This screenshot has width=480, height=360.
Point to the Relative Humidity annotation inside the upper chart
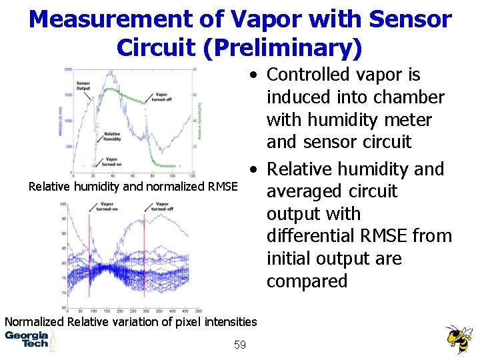click(x=112, y=136)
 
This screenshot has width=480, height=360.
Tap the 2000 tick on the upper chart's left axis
click(x=68, y=69)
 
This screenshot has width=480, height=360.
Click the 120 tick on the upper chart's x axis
click(x=192, y=175)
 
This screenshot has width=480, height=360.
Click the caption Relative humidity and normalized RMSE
click(x=133, y=187)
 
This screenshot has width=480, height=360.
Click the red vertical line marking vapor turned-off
click(x=145, y=253)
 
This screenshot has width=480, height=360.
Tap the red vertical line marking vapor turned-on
click(x=89, y=253)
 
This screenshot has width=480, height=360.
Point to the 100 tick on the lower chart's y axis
click(x=62, y=204)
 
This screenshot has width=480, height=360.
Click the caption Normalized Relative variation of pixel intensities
click(x=131, y=322)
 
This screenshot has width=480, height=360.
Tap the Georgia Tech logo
click(x=27, y=339)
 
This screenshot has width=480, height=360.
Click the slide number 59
click(x=240, y=345)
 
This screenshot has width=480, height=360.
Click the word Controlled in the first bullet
click(x=309, y=75)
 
